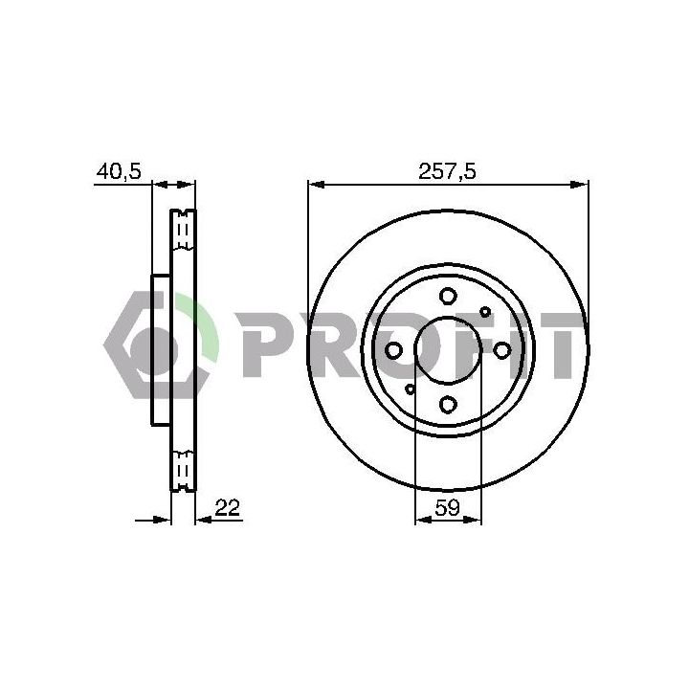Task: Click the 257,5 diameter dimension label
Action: tap(447, 171)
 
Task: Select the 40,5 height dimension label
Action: tap(119, 171)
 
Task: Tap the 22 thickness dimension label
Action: tap(227, 507)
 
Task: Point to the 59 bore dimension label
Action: tap(447, 508)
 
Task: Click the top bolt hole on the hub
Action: tap(448, 296)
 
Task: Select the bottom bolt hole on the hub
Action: tap(448, 404)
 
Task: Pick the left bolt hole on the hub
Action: tap(393, 350)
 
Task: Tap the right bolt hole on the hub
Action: tap(501, 350)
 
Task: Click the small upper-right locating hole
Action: tap(485, 312)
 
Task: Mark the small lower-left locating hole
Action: tap(410, 389)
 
